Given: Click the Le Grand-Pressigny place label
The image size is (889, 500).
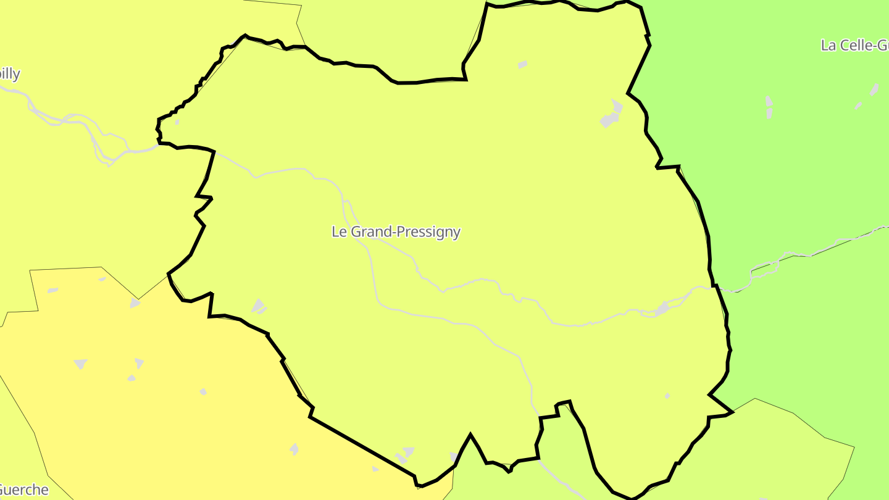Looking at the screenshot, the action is point(396,232).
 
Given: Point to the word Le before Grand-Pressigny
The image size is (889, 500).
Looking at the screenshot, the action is point(339,232).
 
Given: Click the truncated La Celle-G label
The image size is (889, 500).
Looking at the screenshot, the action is point(854,45).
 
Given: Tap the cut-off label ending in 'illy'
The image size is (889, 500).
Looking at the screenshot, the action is point(10,74).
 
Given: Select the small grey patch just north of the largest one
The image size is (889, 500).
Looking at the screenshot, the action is point(522,64).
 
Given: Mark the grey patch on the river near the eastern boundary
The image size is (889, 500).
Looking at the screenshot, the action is point(662,307).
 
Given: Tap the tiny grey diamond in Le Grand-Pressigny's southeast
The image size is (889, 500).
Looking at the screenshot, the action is point(667,396).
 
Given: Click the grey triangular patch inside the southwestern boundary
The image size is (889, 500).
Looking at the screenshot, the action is point(259,305).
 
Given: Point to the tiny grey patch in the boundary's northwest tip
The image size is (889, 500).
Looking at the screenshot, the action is point(177,122).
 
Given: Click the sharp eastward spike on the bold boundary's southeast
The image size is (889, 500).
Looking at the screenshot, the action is point(732,412).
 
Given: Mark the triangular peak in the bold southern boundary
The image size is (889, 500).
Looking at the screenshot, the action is point(470,435).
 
